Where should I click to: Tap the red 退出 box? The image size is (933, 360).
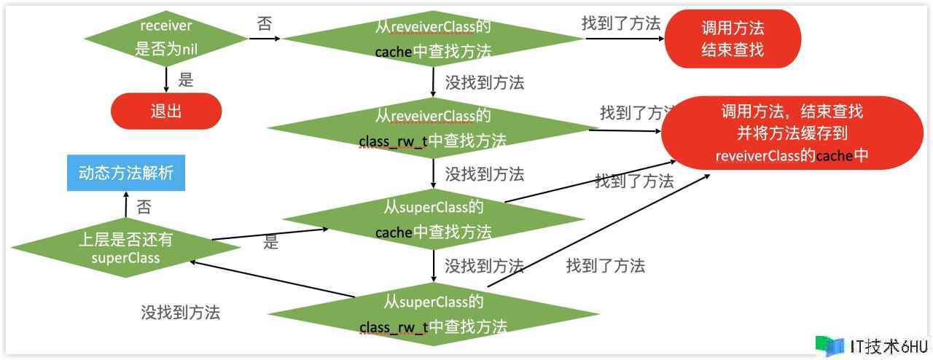click(165, 111)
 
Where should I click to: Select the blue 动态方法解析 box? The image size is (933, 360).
click(125, 173)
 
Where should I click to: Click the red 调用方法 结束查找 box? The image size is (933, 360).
click(733, 39)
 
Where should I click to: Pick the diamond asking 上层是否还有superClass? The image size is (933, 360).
click(125, 248)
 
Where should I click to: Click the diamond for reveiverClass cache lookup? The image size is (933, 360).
click(433, 39)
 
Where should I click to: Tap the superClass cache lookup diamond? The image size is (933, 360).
click(433, 219)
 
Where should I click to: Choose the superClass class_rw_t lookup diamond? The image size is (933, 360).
click(433, 313)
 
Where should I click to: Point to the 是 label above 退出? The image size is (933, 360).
click(186, 79)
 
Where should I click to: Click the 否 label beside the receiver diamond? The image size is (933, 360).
click(265, 23)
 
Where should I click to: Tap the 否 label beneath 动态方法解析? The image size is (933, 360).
click(144, 207)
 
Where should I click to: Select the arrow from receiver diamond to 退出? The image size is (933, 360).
click(166, 79)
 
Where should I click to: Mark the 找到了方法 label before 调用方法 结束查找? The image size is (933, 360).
click(621, 23)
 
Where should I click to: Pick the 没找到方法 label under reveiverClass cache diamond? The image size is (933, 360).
click(484, 82)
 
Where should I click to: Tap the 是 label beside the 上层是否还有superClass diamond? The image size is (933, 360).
click(271, 243)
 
